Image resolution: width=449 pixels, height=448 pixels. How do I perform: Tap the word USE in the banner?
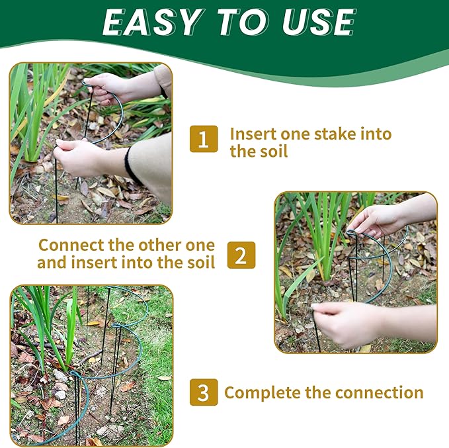(x=319, y=22)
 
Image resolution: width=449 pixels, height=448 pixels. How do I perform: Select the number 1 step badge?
(x=204, y=139)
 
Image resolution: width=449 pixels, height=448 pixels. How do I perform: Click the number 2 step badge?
(x=241, y=255)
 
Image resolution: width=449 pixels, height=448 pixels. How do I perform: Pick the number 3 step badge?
(x=204, y=392)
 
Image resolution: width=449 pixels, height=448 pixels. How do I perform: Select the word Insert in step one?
(x=253, y=134)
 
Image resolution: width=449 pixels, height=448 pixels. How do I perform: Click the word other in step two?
(x=160, y=246)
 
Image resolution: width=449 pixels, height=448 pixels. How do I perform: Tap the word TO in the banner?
(x=243, y=22)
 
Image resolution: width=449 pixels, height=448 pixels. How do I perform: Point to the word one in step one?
(x=295, y=135)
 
